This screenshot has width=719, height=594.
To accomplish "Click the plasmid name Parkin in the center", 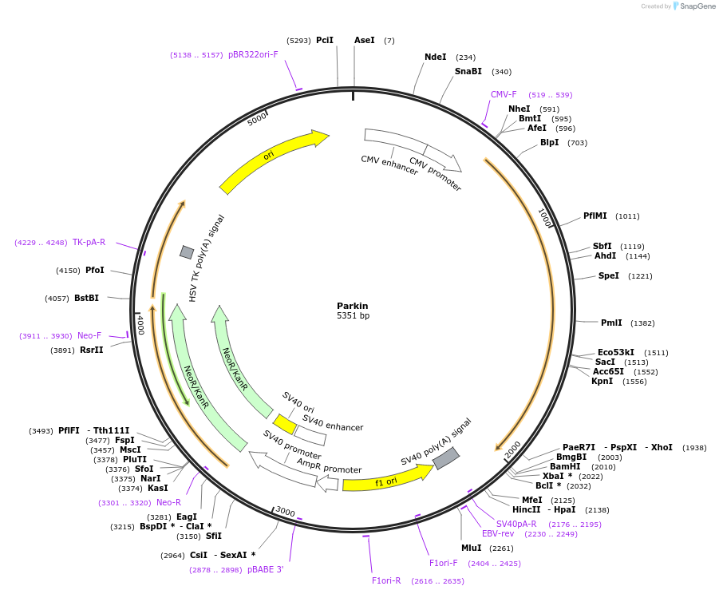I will click(x=352, y=306).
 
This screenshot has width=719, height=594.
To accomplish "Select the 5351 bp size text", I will click(x=352, y=316).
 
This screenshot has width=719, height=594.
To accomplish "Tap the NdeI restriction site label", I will click(x=435, y=57).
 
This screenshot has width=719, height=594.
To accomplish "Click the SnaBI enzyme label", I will click(x=468, y=72).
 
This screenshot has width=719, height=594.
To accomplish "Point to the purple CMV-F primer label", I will click(x=504, y=95).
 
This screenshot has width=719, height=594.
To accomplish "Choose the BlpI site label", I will click(x=549, y=143).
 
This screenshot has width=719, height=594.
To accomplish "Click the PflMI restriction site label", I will click(x=595, y=216).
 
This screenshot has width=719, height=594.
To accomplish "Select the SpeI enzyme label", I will click(x=608, y=276).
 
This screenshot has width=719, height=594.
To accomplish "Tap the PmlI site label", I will click(x=610, y=323).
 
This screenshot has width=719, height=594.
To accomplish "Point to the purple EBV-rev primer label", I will click(x=498, y=533).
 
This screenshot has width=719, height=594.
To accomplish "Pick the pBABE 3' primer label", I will click(x=265, y=570).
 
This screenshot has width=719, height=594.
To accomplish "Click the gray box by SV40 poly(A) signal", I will click(x=445, y=458).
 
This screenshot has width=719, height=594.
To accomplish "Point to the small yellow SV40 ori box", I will click(x=284, y=423).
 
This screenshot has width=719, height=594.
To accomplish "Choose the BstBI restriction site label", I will click(x=86, y=299).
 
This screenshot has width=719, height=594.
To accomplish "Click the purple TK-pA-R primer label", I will click(x=89, y=243).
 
